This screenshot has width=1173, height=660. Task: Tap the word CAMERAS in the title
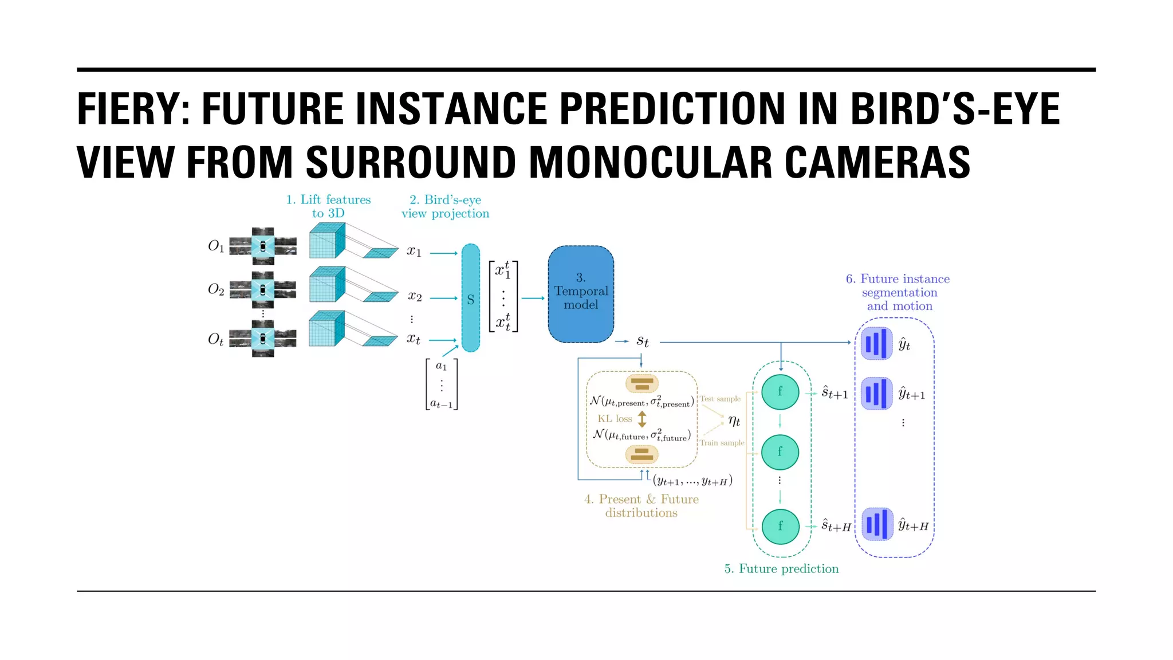pos(877,163)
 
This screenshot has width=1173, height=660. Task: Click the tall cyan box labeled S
pos(470,298)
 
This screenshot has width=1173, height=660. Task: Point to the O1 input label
pos(216,246)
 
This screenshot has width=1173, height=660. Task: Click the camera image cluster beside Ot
pos(263,339)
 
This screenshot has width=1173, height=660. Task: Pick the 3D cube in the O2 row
pos(327,285)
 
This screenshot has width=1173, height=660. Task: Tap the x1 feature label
pos(414,252)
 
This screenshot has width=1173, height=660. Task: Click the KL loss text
pos(615,419)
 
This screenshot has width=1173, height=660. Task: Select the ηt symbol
pos(734,421)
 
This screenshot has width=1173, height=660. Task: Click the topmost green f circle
pos(780,392)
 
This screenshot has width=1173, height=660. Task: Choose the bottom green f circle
pos(780,526)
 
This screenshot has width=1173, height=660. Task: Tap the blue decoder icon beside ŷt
pos(877,344)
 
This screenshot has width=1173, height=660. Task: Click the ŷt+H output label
pos(913,525)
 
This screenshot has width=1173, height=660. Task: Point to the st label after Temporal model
pos(643,341)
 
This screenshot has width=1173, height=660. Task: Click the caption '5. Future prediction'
pos(781,569)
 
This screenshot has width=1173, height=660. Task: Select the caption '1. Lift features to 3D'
pos(328,206)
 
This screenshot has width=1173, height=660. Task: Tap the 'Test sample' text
pos(721,399)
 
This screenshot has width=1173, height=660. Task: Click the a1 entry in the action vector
pos(441,366)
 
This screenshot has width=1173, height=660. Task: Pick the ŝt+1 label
pos(835,393)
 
